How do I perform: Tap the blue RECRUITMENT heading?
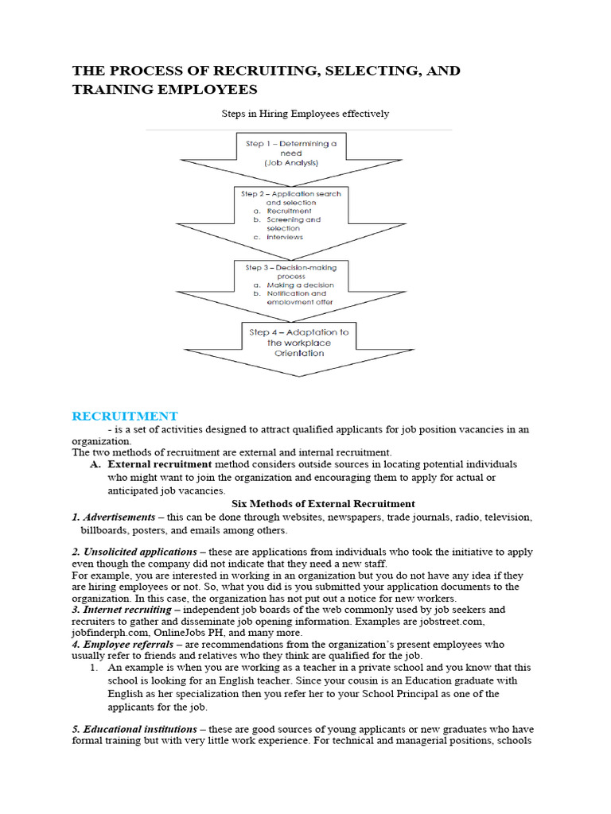point(125,416)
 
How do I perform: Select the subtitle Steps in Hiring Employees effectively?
point(305,114)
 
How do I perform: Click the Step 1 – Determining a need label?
point(291,148)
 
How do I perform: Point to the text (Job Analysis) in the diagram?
point(291,163)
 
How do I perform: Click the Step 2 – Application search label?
point(291,193)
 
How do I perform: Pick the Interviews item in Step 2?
point(285,237)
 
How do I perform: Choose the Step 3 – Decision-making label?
point(291,268)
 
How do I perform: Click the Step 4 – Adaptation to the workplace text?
point(298,337)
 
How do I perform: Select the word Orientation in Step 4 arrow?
point(298,353)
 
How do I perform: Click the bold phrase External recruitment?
point(159,464)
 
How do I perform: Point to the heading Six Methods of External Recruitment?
point(322,503)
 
